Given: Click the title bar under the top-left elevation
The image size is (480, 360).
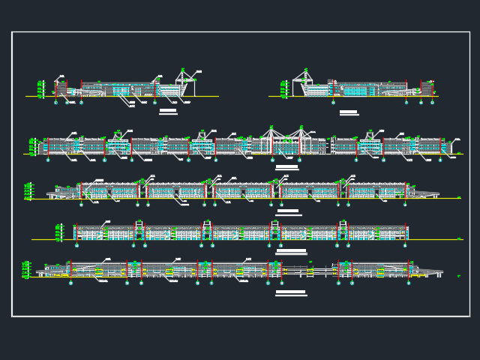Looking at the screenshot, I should click(x=168, y=111).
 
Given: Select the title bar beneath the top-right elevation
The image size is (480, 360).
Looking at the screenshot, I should click(x=349, y=112).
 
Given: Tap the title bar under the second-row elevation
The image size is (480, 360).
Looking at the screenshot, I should click(x=286, y=167).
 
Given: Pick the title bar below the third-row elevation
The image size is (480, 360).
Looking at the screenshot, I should click(x=287, y=211).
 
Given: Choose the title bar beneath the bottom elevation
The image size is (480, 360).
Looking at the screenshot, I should click(x=291, y=292).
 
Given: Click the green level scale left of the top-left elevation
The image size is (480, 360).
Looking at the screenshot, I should click(x=41, y=89).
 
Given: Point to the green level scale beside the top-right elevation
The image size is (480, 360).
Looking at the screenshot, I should click(x=283, y=89).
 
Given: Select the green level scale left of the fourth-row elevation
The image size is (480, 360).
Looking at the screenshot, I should click(x=58, y=232).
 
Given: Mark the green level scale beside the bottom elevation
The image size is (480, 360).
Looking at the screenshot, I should click(x=26, y=269).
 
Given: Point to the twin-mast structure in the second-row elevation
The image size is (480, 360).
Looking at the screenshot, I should click(x=286, y=139).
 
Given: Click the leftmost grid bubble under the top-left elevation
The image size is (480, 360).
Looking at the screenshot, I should click(x=55, y=102).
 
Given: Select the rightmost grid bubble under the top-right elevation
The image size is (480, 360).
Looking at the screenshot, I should click(x=432, y=102).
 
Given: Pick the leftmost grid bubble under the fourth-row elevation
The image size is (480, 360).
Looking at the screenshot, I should click(x=76, y=245).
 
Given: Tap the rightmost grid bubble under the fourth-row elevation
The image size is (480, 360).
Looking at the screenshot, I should click(x=405, y=245).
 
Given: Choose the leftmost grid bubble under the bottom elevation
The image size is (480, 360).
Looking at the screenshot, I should click(x=70, y=283).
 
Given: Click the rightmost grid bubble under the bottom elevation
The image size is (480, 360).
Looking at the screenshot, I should click(x=409, y=283).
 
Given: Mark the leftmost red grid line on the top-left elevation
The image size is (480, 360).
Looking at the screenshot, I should click(x=55, y=88).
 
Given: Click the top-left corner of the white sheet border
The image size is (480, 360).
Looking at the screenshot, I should click(x=12, y=32).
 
